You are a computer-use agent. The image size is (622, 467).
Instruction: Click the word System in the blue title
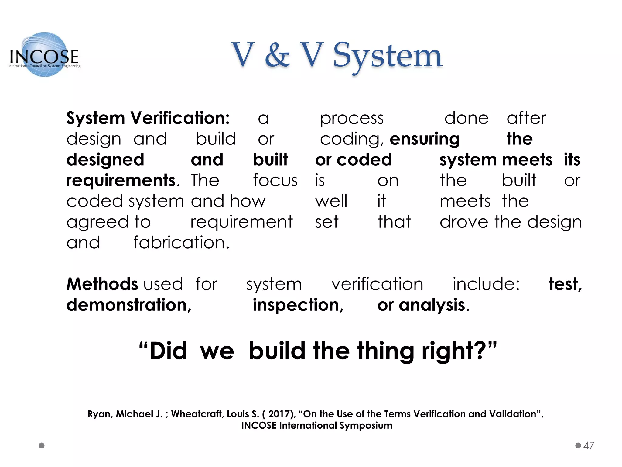pyautogui.click(x=388, y=56)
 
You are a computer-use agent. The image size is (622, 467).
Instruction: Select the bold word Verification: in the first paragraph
pyautogui.click(x=180, y=118)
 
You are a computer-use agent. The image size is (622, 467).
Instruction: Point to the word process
pyautogui.click(x=352, y=119)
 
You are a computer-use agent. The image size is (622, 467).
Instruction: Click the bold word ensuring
pyautogui.click(x=425, y=139)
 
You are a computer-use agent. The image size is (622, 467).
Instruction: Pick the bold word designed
pyautogui.click(x=105, y=160)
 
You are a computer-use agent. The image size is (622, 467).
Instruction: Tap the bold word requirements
pyautogui.click(x=121, y=181)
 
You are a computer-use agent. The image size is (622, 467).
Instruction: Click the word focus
pyautogui.click(x=275, y=181)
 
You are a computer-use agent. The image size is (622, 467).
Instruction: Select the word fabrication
pyautogui.click(x=181, y=243)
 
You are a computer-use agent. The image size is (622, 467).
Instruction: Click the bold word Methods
pyautogui.click(x=102, y=284)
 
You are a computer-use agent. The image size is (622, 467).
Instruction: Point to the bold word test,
pyautogui.click(x=565, y=284)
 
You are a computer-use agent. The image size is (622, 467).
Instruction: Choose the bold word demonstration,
pyautogui.click(x=129, y=305)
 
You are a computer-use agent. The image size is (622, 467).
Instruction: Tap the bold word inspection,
pyautogui.click(x=298, y=305)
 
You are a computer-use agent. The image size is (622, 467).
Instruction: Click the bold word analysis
pyautogui.click(x=432, y=305)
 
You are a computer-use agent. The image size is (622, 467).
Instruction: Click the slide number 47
pyautogui.click(x=589, y=446)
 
